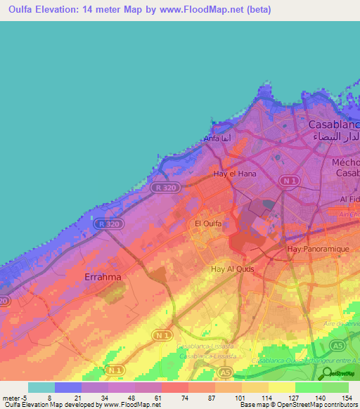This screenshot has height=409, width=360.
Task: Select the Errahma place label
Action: (103, 277)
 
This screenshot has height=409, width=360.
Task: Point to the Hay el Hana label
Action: (234, 173)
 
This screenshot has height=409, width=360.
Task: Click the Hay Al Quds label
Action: (232, 268)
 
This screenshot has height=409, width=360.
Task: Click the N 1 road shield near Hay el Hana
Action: (287, 181)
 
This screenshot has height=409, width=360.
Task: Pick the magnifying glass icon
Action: (326, 375)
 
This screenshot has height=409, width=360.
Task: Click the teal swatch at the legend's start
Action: (41, 387)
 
